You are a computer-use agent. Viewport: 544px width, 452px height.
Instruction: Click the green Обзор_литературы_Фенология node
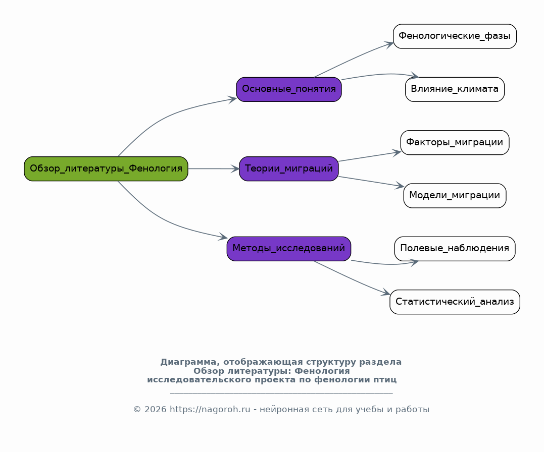106,169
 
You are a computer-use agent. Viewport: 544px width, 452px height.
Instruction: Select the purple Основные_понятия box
288,89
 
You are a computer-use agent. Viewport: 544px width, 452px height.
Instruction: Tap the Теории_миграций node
288,169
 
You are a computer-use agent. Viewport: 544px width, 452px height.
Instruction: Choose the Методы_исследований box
288,249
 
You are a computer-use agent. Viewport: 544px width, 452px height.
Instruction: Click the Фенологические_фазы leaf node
455,36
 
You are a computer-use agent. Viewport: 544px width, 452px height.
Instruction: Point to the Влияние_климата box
455,89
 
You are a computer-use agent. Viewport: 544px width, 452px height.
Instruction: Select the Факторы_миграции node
455,142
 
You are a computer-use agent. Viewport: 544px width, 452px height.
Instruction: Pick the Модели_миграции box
455,196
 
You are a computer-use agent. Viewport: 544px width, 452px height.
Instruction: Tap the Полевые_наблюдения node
455,249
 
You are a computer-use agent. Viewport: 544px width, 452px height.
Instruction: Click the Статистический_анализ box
455,302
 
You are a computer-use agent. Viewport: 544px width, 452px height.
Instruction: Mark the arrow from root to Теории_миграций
214,169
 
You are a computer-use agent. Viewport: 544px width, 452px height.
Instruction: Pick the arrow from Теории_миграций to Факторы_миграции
370,157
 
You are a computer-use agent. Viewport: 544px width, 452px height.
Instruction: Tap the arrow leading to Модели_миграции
371,182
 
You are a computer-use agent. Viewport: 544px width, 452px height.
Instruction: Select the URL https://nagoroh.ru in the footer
210,409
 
